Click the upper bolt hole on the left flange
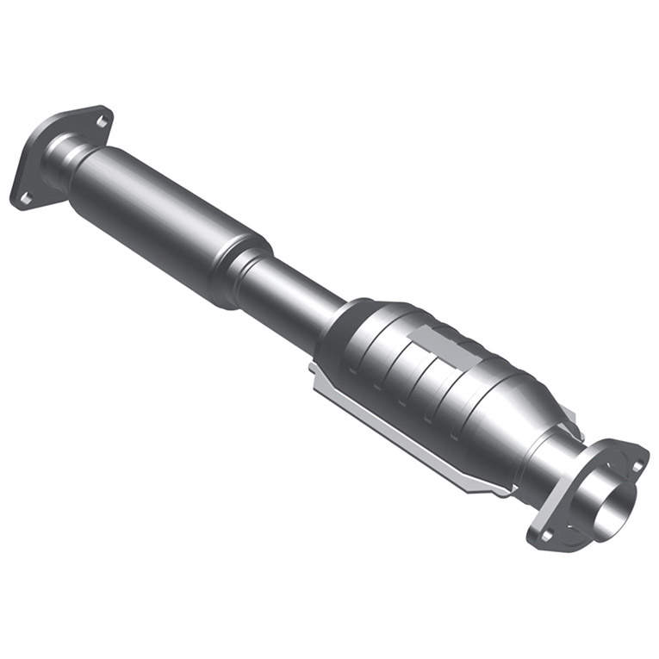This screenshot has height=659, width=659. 102,121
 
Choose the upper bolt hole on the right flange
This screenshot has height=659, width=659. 637,466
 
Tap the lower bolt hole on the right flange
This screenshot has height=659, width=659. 545,535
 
